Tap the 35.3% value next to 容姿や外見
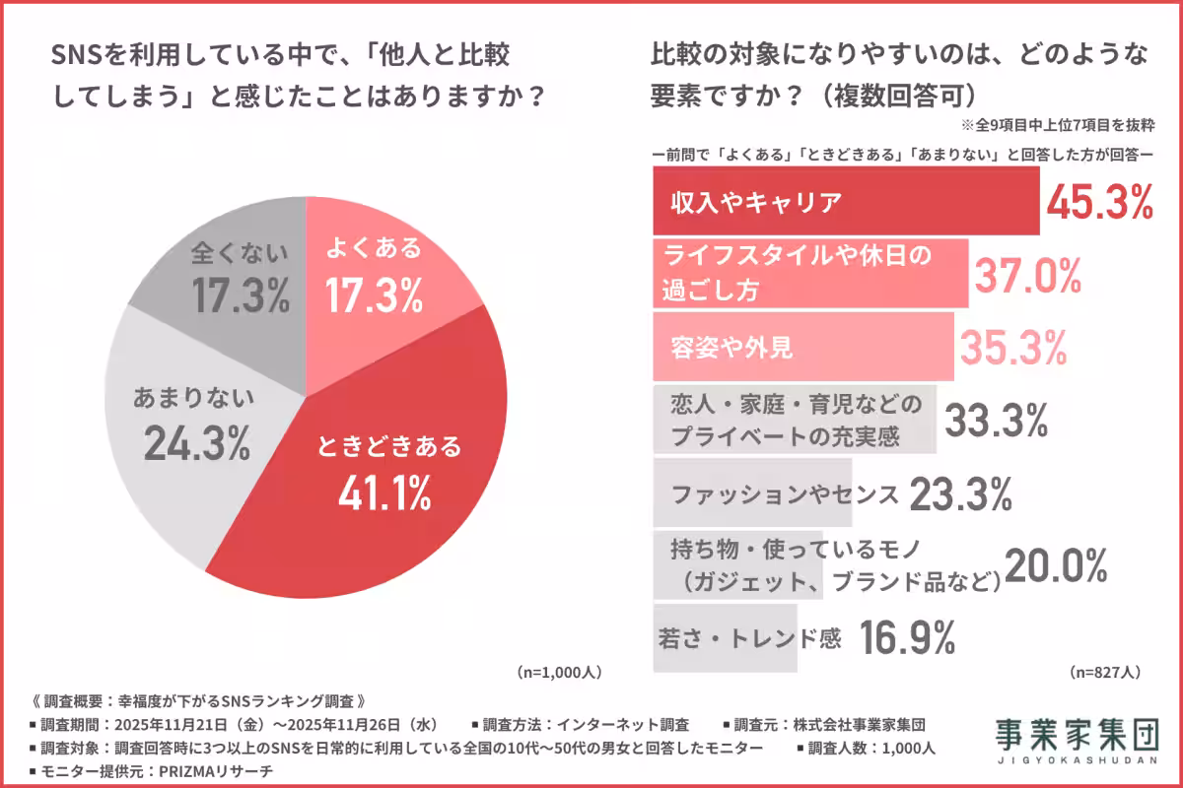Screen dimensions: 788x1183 (x=1013, y=347)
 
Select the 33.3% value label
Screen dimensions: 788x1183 (x=996, y=422)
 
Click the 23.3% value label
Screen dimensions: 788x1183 (x=960, y=494)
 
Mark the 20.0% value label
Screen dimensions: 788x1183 (x=1056, y=565)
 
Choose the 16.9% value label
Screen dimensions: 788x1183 (x=907, y=638)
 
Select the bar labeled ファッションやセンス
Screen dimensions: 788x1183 (x=754, y=493)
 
